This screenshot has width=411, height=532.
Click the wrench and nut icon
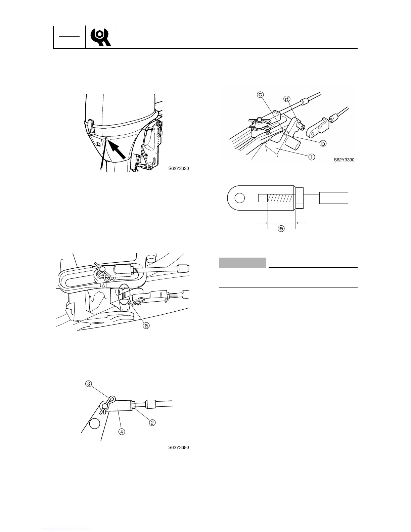[x=101, y=37]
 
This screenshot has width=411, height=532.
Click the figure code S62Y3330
[x=179, y=169]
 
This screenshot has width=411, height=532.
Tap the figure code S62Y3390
[x=344, y=160]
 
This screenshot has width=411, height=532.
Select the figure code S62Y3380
[x=179, y=447]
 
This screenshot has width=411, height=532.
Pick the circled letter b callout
[x=323, y=143]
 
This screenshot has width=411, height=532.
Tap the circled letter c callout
[x=260, y=95]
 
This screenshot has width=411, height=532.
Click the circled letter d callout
[x=286, y=99]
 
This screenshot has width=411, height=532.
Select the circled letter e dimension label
[x=281, y=229]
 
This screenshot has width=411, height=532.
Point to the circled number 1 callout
[x=312, y=157]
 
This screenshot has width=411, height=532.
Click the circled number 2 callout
[x=152, y=423]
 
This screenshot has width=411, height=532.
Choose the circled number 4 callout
[x=122, y=432]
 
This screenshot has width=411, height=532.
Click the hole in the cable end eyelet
[x=239, y=198]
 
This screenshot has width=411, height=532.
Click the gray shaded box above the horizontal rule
[x=242, y=262]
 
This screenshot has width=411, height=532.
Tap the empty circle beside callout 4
[x=95, y=424]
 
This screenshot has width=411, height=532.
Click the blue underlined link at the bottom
[x=67, y=529]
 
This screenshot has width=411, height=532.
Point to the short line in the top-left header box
[x=70, y=35]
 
